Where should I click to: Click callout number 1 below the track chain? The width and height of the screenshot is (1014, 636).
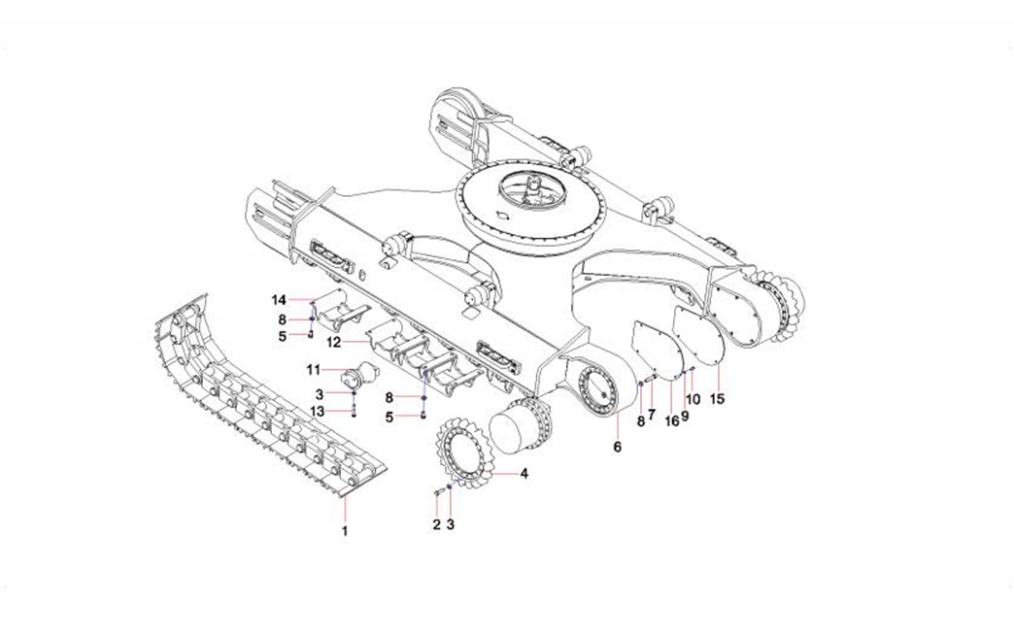coord(345,531)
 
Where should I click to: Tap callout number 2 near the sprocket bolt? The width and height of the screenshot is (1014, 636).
coord(436,525)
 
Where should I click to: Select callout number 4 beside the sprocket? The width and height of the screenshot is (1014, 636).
coord(524,474)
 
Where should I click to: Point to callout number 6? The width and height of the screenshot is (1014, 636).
coord(617,447)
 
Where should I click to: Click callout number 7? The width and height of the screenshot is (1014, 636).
coord(651,413)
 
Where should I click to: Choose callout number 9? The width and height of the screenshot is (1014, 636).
coord(685,417)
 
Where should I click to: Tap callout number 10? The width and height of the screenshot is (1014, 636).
coord(693,399)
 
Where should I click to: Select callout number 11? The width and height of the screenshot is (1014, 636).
coord(314,370)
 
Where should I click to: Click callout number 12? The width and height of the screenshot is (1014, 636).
coord(334,343)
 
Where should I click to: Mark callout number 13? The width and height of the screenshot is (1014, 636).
coord(317,412)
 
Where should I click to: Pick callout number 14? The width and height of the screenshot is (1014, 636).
coord(279,300)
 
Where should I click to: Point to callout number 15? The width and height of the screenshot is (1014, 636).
coord(717,399)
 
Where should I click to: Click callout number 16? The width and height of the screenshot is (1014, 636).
coord(672,421)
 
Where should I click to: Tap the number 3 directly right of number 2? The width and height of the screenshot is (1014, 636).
coord(450,525)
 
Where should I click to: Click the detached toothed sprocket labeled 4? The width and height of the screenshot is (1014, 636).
coord(467,453)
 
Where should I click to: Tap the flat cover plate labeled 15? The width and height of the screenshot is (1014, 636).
coord(701,336)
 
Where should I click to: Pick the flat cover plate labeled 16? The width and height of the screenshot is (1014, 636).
coord(658,349)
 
